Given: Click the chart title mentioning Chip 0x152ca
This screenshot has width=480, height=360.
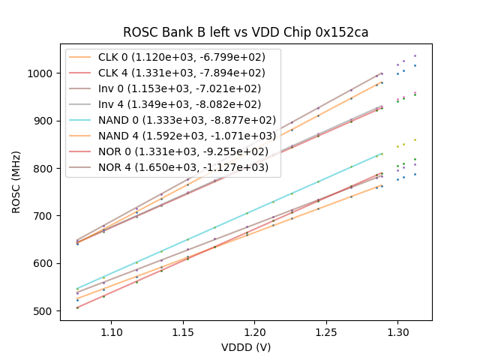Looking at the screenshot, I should [x=245, y=33].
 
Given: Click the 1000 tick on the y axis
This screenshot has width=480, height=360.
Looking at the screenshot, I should [x=42, y=73].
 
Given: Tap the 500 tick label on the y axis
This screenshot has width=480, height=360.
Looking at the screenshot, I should [x=45, y=311].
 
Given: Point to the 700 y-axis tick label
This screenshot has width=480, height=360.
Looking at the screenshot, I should [x=45, y=216].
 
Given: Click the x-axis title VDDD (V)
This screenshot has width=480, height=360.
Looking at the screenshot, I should [x=245, y=347].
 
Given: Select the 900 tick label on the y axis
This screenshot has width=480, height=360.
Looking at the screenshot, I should [x=45, y=121].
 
